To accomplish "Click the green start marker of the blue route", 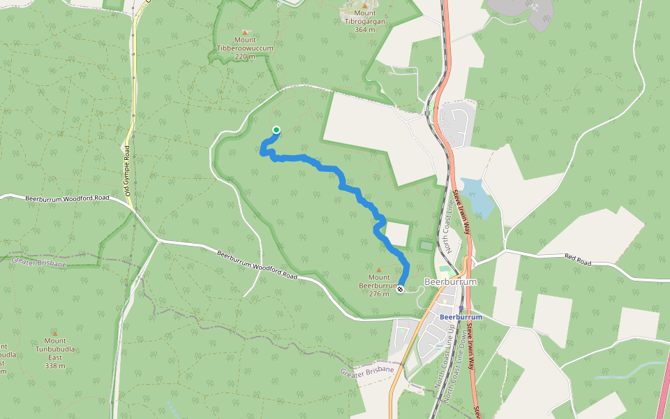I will pos(276,130).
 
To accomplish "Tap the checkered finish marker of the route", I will pos(401,289).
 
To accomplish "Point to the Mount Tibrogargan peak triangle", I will pos(364,6).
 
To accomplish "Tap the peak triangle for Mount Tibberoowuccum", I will pos(244,31).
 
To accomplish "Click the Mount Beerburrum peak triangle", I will pos(379,270).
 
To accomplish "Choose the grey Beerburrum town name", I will pos(453,282).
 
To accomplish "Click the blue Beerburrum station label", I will pos(461,316).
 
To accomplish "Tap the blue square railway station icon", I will pos(461,307).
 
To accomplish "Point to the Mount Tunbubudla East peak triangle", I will pos(54,333).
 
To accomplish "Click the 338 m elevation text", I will pos(54,365).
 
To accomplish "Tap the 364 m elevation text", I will pos(365,29).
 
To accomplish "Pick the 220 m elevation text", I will pos(244,57).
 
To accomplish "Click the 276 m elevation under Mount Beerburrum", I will pos(379,293).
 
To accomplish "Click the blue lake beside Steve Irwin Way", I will pos(479,196).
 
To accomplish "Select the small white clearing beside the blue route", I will pos(398,235).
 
